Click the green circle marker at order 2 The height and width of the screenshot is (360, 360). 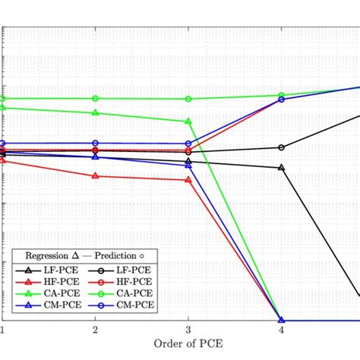point(95,98)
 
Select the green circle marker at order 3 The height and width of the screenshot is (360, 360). point(188,99)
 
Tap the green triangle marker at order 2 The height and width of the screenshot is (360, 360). point(95,112)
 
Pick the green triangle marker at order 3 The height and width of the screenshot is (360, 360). point(188,121)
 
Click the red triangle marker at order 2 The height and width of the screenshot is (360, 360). point(95,175)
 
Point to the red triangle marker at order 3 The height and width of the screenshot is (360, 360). point(188,180)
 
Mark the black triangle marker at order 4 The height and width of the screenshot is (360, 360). point(282,167)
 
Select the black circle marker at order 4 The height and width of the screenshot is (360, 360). point(282,147)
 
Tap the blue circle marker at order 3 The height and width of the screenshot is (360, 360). point(188,144)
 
